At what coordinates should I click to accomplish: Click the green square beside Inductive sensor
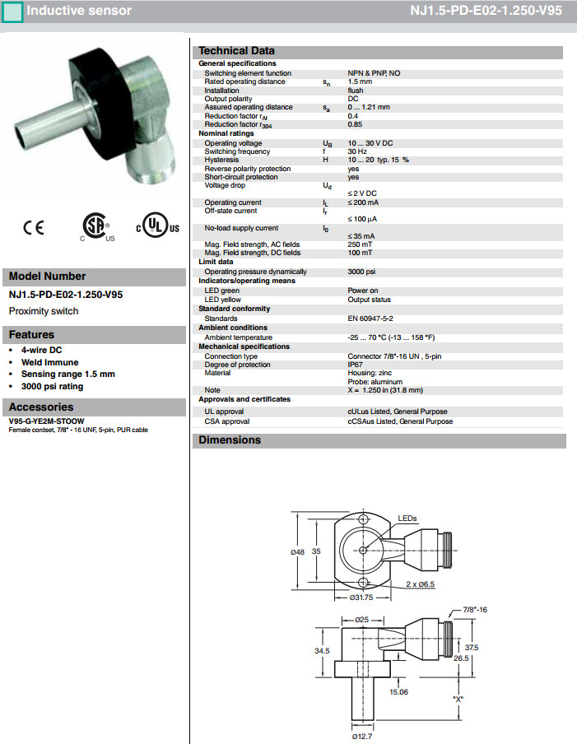pos(13,12)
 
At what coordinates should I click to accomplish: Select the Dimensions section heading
pos(230,440)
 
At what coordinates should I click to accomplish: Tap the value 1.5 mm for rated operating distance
pos(360,81)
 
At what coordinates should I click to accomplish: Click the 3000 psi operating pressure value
pos(362,272)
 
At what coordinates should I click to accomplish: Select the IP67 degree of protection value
pos(356,365)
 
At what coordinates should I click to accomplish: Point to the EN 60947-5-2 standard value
pos(370,318)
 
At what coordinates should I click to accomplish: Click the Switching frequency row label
pos(237,151)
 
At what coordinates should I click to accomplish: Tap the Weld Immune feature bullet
pos(50,362)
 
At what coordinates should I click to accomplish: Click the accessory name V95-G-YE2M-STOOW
pos(46,421)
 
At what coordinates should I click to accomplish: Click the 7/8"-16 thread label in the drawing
pos(477,609)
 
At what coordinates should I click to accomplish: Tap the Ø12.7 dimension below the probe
pos(363,736)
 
